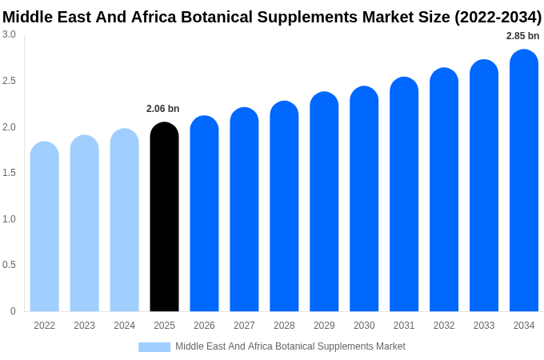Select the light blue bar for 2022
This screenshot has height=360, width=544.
tap(45, 227)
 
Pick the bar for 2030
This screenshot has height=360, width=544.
tap(364, 199)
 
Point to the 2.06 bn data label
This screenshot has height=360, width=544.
tap(163, 109)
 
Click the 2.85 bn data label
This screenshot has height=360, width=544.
tap(522, 36)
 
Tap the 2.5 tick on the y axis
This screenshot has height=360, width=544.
tap(9, 81)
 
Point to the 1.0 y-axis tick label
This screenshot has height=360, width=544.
tap(9, 219)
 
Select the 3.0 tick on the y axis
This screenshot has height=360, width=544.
tap(9, 34)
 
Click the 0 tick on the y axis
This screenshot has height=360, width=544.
tap(13, 311)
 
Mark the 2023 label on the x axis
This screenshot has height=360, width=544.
tap(84, 326)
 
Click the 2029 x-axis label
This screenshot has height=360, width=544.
tap(324, 326)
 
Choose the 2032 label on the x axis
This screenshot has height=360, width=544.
tap(444, 326)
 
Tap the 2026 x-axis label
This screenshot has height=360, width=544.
tap(204, 326)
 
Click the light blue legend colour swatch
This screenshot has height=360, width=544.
tap(154, 347)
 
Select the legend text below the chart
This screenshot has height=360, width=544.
tap(290, 346)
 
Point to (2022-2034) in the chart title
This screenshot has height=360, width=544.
tap(498, 17)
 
